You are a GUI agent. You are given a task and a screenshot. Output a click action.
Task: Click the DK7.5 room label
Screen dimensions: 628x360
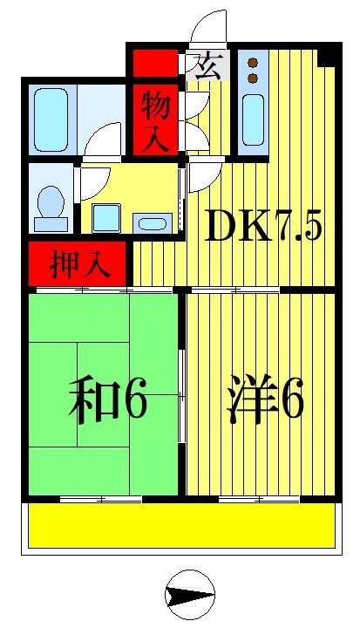coord(263,229)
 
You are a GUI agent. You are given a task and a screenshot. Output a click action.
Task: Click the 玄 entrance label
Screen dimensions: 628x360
coord(207,66)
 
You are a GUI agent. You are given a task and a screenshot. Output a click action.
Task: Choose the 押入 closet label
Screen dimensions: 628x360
coord(79,265)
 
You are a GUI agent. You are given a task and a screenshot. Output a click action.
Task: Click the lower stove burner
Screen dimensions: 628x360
coord(253,78)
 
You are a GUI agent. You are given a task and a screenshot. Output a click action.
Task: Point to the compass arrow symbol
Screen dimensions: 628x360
coord(189,597)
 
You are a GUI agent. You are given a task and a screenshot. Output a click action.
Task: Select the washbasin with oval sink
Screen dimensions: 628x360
coord(152,222)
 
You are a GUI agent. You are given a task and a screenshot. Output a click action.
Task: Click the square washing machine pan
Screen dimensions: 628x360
coord(107,218)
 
